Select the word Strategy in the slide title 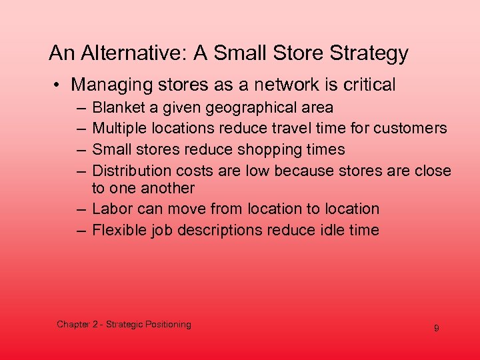coord(371,53)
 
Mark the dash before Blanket coord(81,107)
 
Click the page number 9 coord(436,329)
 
